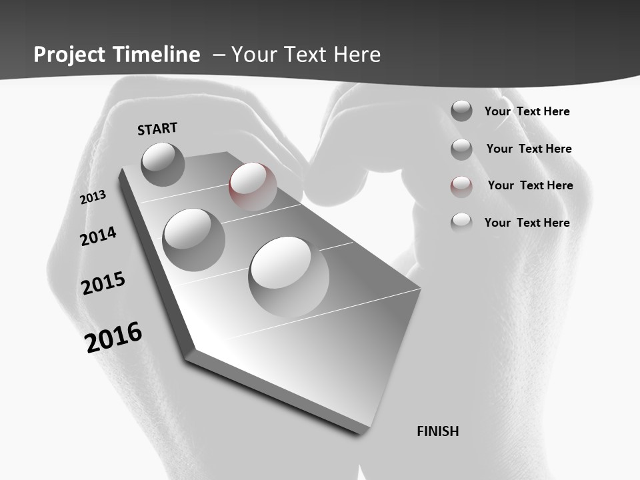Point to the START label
(157, 129)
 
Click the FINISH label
(437, 431)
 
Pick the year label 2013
(93, 197)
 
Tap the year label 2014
(99, 236)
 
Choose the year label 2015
(103, 283)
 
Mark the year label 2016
(113, 337)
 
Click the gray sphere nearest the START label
(163, 164)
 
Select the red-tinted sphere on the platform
(253, 186)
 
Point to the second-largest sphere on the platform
(193, 239)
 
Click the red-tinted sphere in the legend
(461, 186)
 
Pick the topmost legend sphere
(461, 111)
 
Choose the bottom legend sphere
(461, 222)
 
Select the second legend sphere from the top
(461, 149)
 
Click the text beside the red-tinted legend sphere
(530, 185)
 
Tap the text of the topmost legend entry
(527, 111)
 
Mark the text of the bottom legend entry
(527, 223)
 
